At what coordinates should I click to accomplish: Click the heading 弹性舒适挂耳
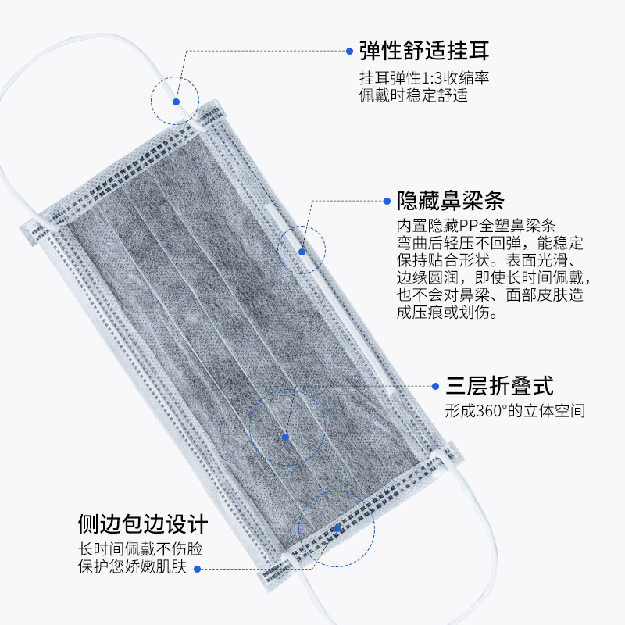click(424, 52)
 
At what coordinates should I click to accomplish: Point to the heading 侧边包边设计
click(143, 522)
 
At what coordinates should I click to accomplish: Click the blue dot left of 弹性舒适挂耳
click(350, 52)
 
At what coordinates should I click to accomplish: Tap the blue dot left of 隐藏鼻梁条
click(388, 201)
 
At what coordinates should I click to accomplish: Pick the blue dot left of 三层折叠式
click(435, 385)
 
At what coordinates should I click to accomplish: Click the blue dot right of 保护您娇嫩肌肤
click(197, 568)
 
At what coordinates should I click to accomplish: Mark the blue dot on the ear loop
click(176, 102)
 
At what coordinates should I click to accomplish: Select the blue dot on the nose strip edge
click(302, 251)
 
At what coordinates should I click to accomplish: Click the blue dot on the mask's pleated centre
click(286, 437)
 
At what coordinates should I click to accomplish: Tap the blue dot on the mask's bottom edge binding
click(337, 529)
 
